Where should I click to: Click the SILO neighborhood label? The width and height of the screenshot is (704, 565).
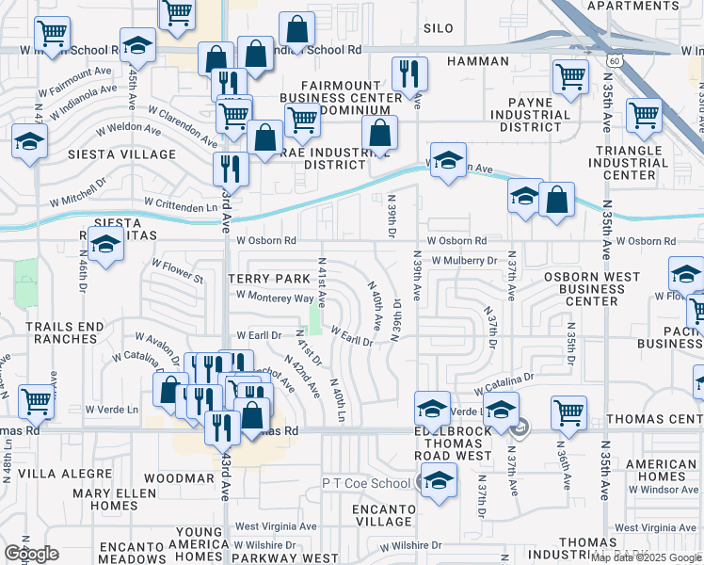pyautogui.click(x=439, y=29)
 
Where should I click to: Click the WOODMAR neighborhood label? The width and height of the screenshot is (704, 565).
pyautogui.click(x=179, y=478)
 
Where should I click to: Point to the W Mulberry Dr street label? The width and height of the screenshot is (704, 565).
pyautogui.click(x=464, y=260)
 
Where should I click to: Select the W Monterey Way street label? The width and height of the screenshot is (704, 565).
pyautogui.click(x=275, y=297)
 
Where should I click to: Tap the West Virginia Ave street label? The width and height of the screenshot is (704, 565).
pyautogui.click(x=276, y=526)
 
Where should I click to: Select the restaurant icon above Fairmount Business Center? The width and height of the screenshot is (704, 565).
pyautogui.click(x=409, y=73)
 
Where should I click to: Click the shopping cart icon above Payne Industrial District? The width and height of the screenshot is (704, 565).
pyautogui.click(x=570, y=77)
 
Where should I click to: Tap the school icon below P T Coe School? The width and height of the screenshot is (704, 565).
pyautogui.click(x=439, y=479)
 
